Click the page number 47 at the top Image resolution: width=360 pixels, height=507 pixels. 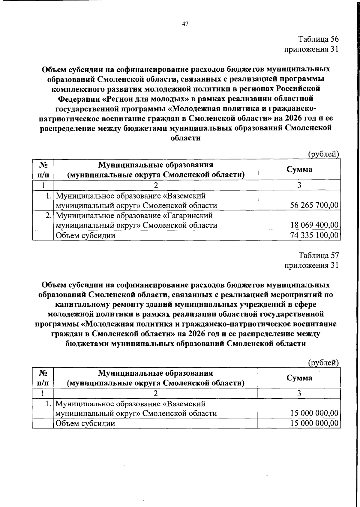click(185, 24)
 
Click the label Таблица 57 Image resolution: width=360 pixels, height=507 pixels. click(319, 255)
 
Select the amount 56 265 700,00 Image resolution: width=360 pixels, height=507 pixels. click(314, 205)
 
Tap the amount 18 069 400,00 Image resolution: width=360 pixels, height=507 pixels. click(314, 225)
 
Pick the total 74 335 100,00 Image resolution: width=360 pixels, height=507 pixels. click(314, 235)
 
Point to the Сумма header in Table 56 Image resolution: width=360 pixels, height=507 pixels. click(299, 169)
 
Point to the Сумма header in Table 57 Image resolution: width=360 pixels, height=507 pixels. click(299, 378)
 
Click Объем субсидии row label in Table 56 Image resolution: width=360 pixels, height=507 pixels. click(85, 236)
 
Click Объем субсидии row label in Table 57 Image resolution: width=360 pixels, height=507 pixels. click(85, 423)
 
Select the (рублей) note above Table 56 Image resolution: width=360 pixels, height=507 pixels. click(323, 154)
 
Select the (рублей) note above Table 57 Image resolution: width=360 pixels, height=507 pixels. click(323, 363)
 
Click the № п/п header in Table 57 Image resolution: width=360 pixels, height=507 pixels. click(43, 378)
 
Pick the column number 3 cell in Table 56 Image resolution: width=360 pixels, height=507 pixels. click(299, 185)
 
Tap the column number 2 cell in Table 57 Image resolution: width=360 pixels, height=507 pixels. click(155, 393)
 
